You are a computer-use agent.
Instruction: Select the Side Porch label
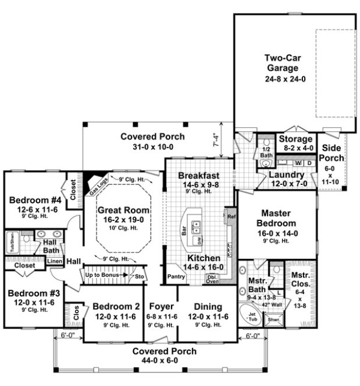(333, 153)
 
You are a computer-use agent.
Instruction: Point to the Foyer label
(160, 306)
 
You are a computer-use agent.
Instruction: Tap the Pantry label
(176, 277)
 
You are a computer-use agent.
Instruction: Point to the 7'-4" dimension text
(215, 140)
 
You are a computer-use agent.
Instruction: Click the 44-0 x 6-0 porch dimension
(163, 360)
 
